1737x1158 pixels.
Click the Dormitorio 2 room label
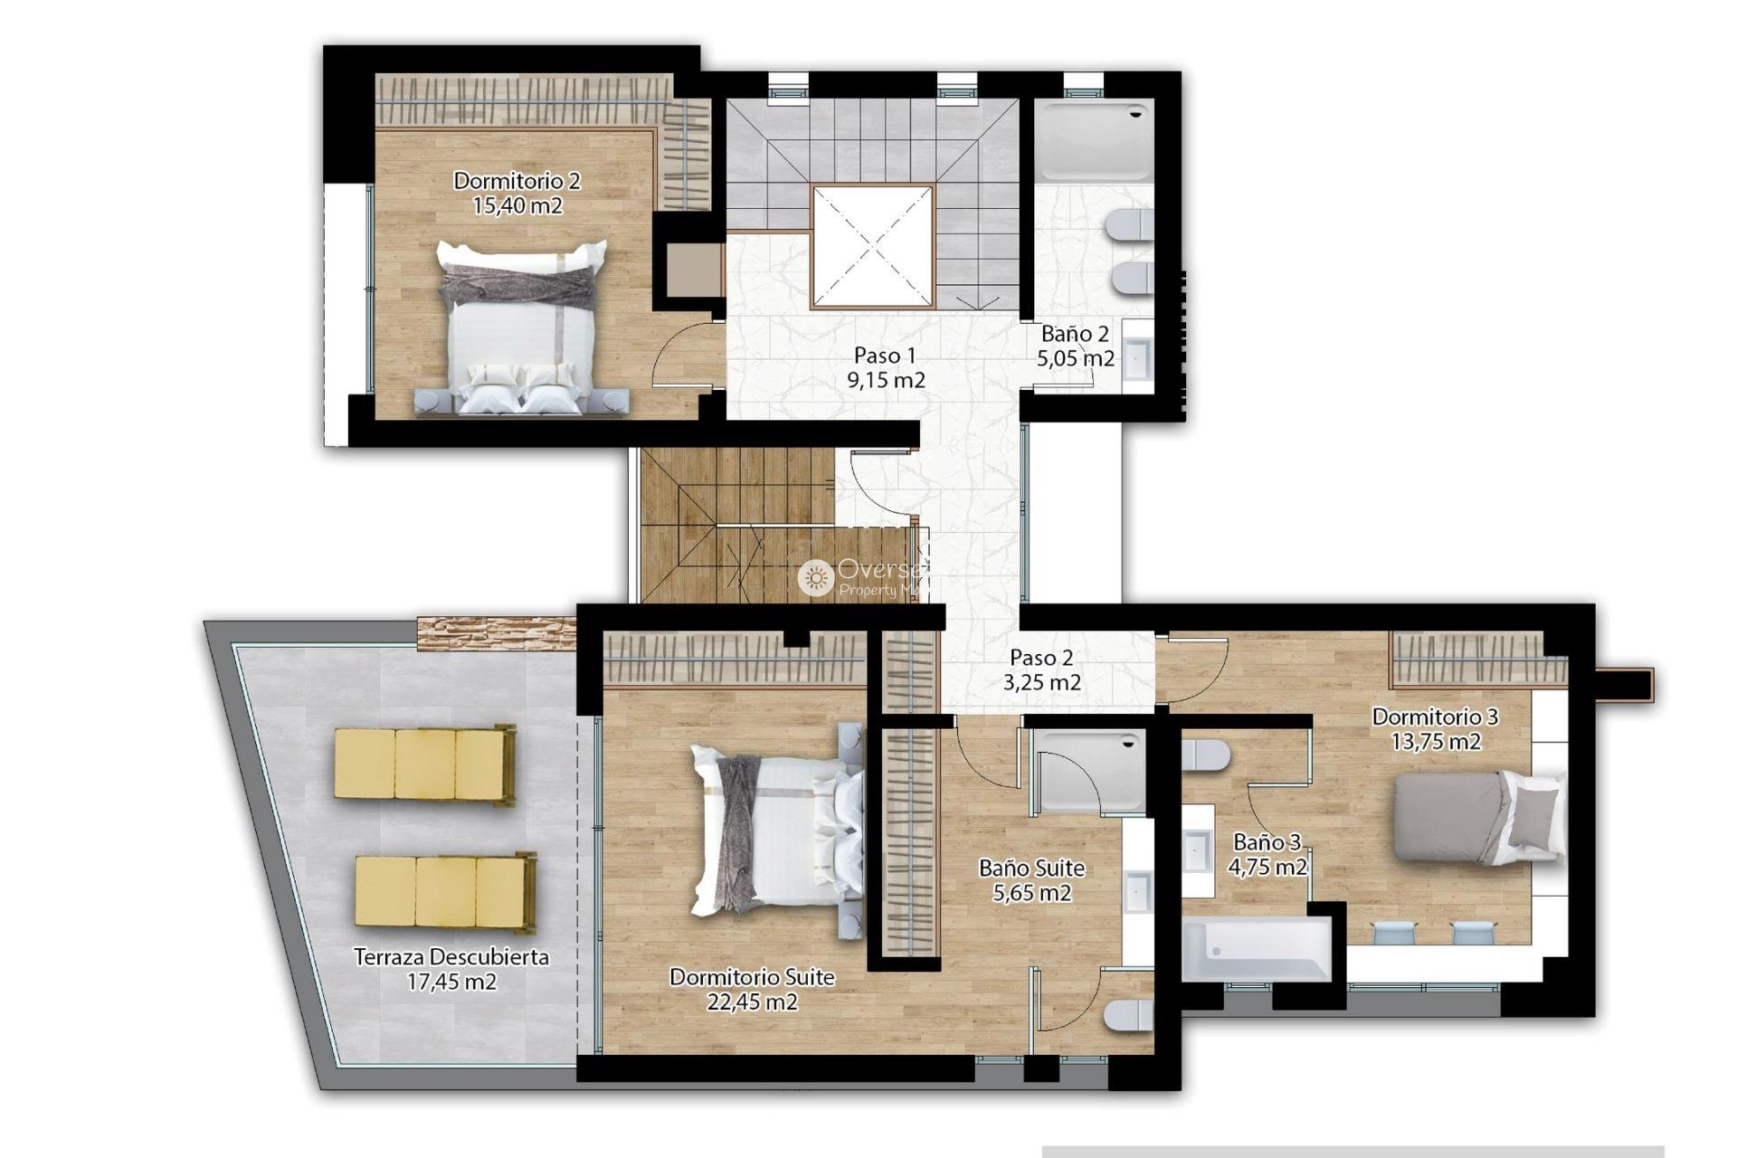coord(517,181)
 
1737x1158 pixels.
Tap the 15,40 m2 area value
coord(517,206)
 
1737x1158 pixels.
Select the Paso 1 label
coord(885,356)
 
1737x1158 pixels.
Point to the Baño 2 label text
coord(1075,334)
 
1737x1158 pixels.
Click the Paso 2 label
coord(1041,658)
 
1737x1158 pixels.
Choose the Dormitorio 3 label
coord(1435,717)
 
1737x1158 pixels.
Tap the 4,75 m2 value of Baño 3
coord(1267,868)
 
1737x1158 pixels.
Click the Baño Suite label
coord(1031,868)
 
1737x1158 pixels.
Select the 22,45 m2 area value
coord(752,1002)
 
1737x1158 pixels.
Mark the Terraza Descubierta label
coord(451,957)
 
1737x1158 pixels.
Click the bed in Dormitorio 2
coord(520,326)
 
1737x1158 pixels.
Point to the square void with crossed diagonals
coord(872,246)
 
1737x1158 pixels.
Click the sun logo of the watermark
coord(815,577)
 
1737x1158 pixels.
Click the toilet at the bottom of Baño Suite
coord(1127,1015)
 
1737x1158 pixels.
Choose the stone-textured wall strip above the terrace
coord(496,632)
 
